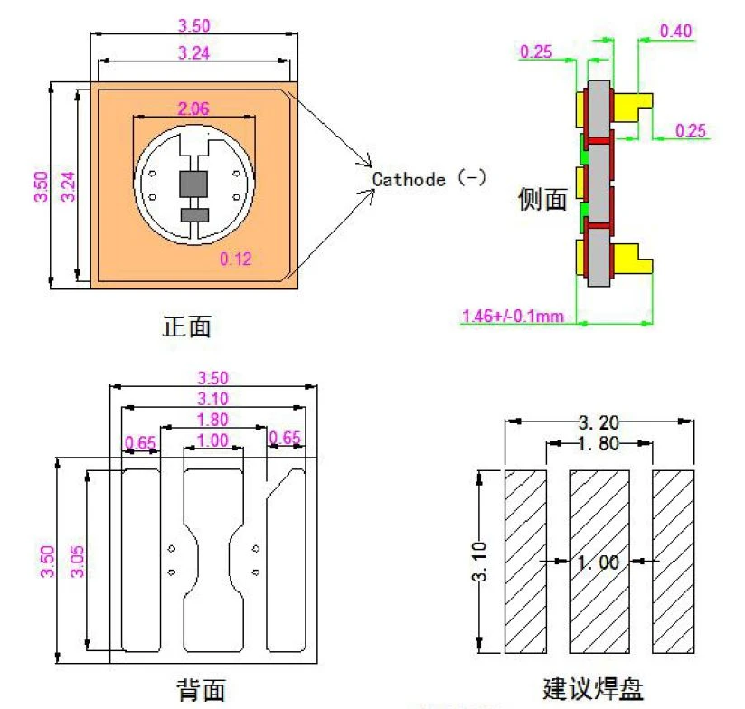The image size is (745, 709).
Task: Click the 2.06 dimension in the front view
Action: (193, 109)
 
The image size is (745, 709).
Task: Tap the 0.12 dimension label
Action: (236, 259)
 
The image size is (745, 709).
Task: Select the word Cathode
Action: (409, 180)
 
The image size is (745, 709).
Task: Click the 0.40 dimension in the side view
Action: (675, 32)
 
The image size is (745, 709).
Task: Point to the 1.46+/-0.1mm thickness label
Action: (514, 316)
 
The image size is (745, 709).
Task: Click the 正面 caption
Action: (187, 326)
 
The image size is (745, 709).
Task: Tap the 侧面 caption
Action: (542, 199)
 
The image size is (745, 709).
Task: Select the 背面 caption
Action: (201, 690)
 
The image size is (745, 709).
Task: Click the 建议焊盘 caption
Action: (593, 688)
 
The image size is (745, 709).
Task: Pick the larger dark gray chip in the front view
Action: (193, 184)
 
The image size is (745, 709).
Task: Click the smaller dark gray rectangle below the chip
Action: (194, 215)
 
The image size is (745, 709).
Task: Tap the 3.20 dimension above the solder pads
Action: (599, 422)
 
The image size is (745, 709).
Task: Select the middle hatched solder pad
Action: (599, 562)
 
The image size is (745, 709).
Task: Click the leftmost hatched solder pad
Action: (525, 562)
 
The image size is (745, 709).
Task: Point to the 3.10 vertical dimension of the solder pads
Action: (480, 562)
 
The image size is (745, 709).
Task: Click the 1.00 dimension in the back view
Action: (212, 440)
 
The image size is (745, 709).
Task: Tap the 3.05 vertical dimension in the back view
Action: (77, 562)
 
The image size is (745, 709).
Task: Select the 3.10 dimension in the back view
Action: (212, 399)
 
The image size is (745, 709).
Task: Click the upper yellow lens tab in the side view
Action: (633, 106)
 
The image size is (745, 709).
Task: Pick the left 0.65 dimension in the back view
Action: (140, 443)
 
